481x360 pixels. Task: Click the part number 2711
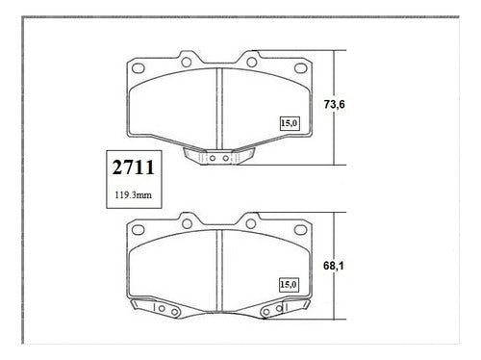point(134,167)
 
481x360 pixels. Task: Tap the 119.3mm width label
point(134,194)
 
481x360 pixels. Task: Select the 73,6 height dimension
point(334,104)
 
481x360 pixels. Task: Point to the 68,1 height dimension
point(334,266)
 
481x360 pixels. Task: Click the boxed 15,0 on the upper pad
point(290,123)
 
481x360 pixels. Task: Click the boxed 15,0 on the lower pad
point(289,285)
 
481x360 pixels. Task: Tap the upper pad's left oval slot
point(139,68)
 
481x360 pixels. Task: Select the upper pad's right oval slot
point(301,68)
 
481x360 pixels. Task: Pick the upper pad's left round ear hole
point(187,62)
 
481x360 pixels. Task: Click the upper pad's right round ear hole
point(252,62)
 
